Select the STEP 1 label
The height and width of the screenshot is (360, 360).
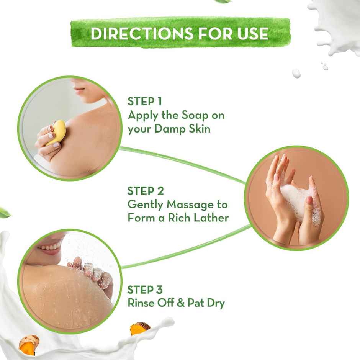click(145, 101)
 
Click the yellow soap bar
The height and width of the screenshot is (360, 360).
click(57, 132)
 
